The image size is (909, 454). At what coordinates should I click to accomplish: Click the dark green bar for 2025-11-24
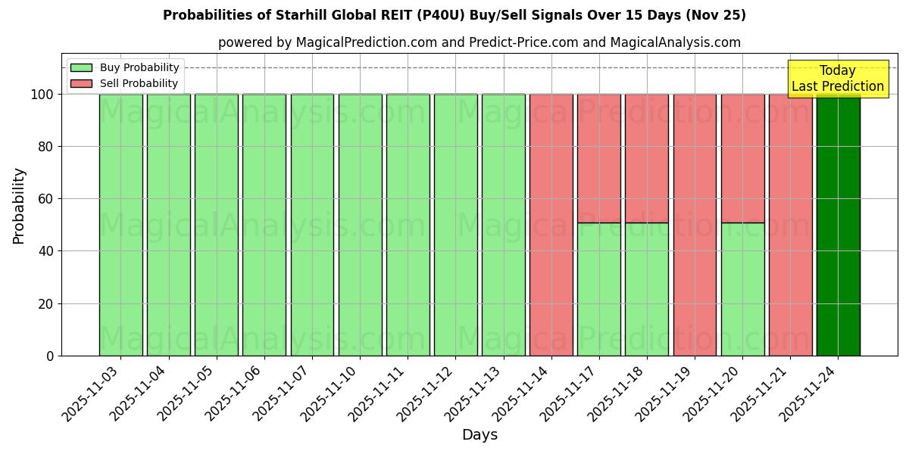(838, 225)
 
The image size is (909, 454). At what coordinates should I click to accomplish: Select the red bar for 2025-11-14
(551, 225)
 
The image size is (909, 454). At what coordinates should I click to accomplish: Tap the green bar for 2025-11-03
(120, 225)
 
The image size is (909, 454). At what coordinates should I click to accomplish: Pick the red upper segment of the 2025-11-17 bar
(598, 158)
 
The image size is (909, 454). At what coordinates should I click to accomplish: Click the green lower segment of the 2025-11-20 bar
(742, 289)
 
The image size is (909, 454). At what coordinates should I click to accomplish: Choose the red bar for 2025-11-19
(695, 225)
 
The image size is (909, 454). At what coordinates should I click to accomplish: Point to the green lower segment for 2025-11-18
(647, 289)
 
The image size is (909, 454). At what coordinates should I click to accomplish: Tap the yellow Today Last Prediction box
(838, 79)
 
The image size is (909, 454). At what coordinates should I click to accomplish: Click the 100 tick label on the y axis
(42, 95)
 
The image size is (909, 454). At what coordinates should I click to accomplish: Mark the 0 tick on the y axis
(50, 356)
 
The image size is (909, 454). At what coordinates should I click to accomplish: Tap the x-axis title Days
(479, 435)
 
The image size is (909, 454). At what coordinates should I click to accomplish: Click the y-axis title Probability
(19, 205)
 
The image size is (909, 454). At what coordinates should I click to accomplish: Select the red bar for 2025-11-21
(790, 225)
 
